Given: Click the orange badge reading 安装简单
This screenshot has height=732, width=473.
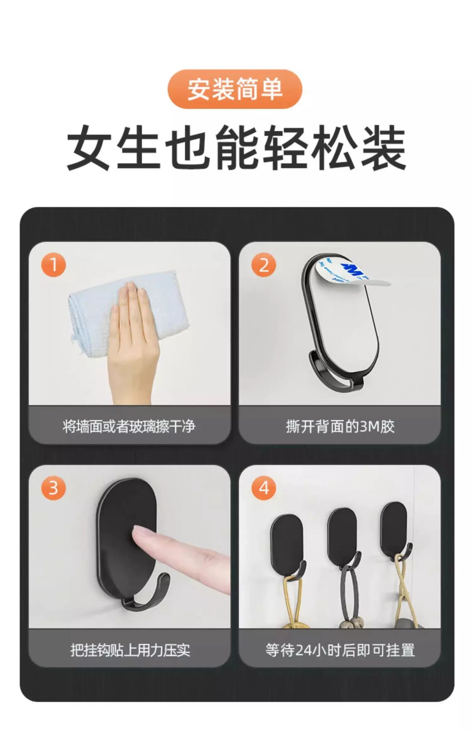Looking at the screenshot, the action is (x=235, y=89).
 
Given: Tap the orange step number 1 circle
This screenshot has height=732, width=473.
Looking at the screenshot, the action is (x=53, y=265).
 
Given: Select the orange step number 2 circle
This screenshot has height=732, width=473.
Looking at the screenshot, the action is (x=264, y=265).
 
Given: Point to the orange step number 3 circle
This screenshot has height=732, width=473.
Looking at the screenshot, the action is (x=53, y=488).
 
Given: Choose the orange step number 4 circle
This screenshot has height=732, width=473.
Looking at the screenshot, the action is (x=264, y=488).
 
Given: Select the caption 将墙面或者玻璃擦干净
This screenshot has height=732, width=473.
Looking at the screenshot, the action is (x=129, y=427).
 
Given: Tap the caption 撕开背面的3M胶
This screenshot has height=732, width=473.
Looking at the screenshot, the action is (x=340, y=427).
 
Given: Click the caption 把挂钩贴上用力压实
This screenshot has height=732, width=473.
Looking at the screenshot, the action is (x=130, y=650).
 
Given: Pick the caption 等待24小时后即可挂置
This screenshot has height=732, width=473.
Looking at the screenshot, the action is (x=340, y=650).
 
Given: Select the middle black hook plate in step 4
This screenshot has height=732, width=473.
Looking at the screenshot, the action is (x=342, y=536).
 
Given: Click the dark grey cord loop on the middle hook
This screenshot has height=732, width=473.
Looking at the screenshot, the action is (x=348, y=591).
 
